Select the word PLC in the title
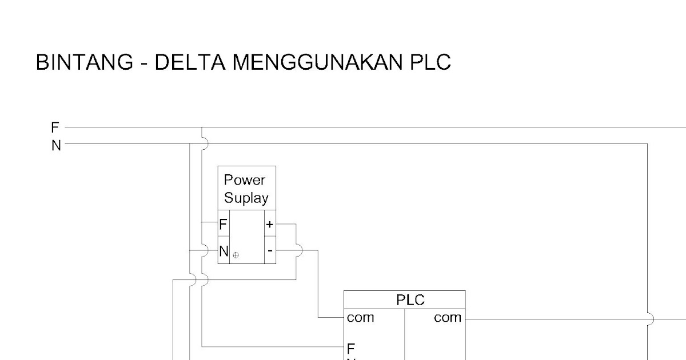(430, 62)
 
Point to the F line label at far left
(55, 127)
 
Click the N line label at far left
(56, 145)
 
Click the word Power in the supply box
(245, 181)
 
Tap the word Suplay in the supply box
(246, 199)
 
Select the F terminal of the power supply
(223, 225)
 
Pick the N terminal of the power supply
(224, 250)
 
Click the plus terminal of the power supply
(270, 225)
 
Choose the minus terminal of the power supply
(270, 250)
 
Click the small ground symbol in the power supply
(236, 255)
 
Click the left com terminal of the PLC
(360, 318)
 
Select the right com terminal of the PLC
(448, 318)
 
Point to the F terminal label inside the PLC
(351, 347)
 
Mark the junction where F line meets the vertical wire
(202, 127)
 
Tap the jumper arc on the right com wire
(650, 318)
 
